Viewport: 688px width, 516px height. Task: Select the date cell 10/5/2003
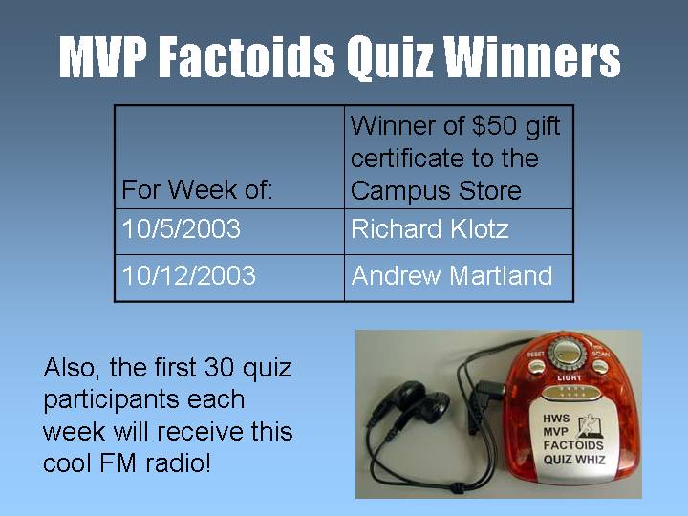182,228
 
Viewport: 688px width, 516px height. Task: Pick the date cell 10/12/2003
188,275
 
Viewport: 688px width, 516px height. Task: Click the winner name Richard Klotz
430,228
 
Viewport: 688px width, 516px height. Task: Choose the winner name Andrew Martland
451,275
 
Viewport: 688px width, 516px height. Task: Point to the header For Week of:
197,190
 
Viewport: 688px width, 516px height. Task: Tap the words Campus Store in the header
436,191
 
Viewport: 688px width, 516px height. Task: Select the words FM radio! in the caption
155,463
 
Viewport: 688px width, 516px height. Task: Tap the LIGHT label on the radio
570,377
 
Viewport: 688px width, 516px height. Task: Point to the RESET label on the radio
534,354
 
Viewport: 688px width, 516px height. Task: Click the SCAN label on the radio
600,354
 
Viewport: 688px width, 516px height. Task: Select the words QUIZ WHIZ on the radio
574,460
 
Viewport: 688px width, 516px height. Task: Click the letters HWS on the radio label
556,419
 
